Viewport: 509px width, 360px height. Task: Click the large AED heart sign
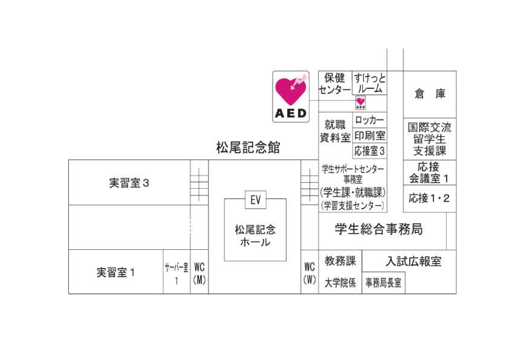pos(291,97)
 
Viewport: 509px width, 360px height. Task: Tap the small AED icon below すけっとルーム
pos(360,103)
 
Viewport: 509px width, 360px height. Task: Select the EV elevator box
pos(255,200)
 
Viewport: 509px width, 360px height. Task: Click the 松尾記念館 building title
pos(248,148)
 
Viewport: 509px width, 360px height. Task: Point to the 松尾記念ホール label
pos(255,236)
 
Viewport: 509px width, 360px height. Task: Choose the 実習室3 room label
pos(129,183)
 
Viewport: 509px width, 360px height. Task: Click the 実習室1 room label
pos(116,272)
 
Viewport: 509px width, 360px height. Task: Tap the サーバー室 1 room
pos(177,273)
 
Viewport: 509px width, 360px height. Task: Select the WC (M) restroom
pos(199,273)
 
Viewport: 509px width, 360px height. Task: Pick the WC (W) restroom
pos(310,273)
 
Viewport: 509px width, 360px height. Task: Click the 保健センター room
pos(335,83)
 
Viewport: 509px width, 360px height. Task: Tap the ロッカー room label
pos(369,120)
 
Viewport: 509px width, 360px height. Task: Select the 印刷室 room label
pos(369,136)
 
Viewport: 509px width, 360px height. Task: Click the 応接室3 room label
pos(369,151)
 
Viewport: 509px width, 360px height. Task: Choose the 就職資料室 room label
pos(335,131)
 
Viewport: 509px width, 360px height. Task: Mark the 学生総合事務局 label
pos(378,229)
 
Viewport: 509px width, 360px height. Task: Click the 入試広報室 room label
pos(413,261)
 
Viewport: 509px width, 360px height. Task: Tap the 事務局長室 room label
pos(384,283)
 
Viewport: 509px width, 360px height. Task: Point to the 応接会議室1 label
pos(429,172)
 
